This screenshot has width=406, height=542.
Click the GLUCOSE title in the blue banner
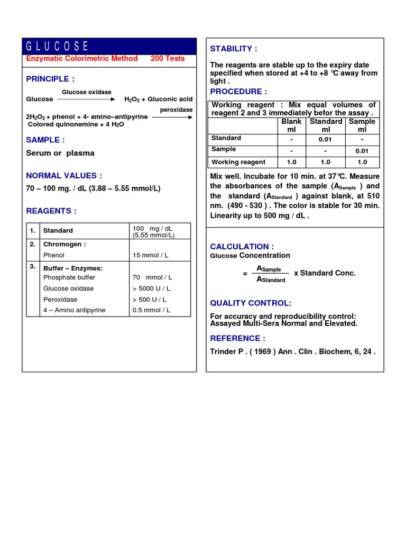58,46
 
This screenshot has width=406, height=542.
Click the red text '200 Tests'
168,59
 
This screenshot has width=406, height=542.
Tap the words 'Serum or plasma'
60,153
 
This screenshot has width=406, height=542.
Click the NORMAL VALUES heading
64,176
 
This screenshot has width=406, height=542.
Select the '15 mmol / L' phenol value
151,255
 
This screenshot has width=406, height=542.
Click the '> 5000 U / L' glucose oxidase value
152,288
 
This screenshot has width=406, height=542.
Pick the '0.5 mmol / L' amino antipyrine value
151,310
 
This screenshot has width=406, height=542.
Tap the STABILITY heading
234,49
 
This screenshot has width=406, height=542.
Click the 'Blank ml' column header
291,125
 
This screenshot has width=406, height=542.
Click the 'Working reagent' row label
238,162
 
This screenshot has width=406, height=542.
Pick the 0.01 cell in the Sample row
362,151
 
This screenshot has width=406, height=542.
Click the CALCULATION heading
242,246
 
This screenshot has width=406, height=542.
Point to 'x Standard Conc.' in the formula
325,273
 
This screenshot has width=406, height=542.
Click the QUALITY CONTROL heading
251,303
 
